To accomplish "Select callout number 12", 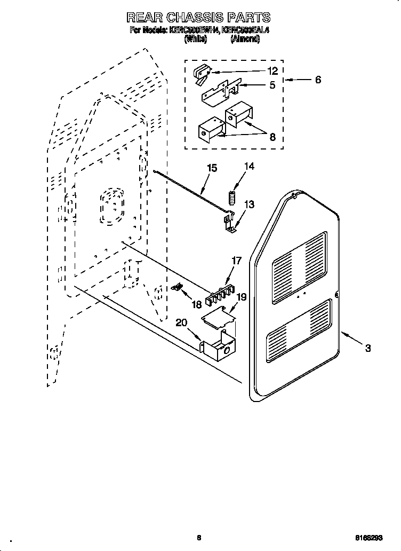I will click(272, 71).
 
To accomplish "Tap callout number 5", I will click(272, 85).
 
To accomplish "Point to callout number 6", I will click(318, 80).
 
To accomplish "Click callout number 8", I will click(272, 137).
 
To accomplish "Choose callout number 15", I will click(212, 168).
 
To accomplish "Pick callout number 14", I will click(249, 167).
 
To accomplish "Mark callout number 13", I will click(249, 204).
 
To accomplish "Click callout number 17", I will click(236, 261).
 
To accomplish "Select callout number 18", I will click(197, 304).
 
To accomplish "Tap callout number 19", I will click(242, 297).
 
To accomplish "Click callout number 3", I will click(368, 349).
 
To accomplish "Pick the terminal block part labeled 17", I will click(221, 294).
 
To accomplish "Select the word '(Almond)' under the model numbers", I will click(245, 40).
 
